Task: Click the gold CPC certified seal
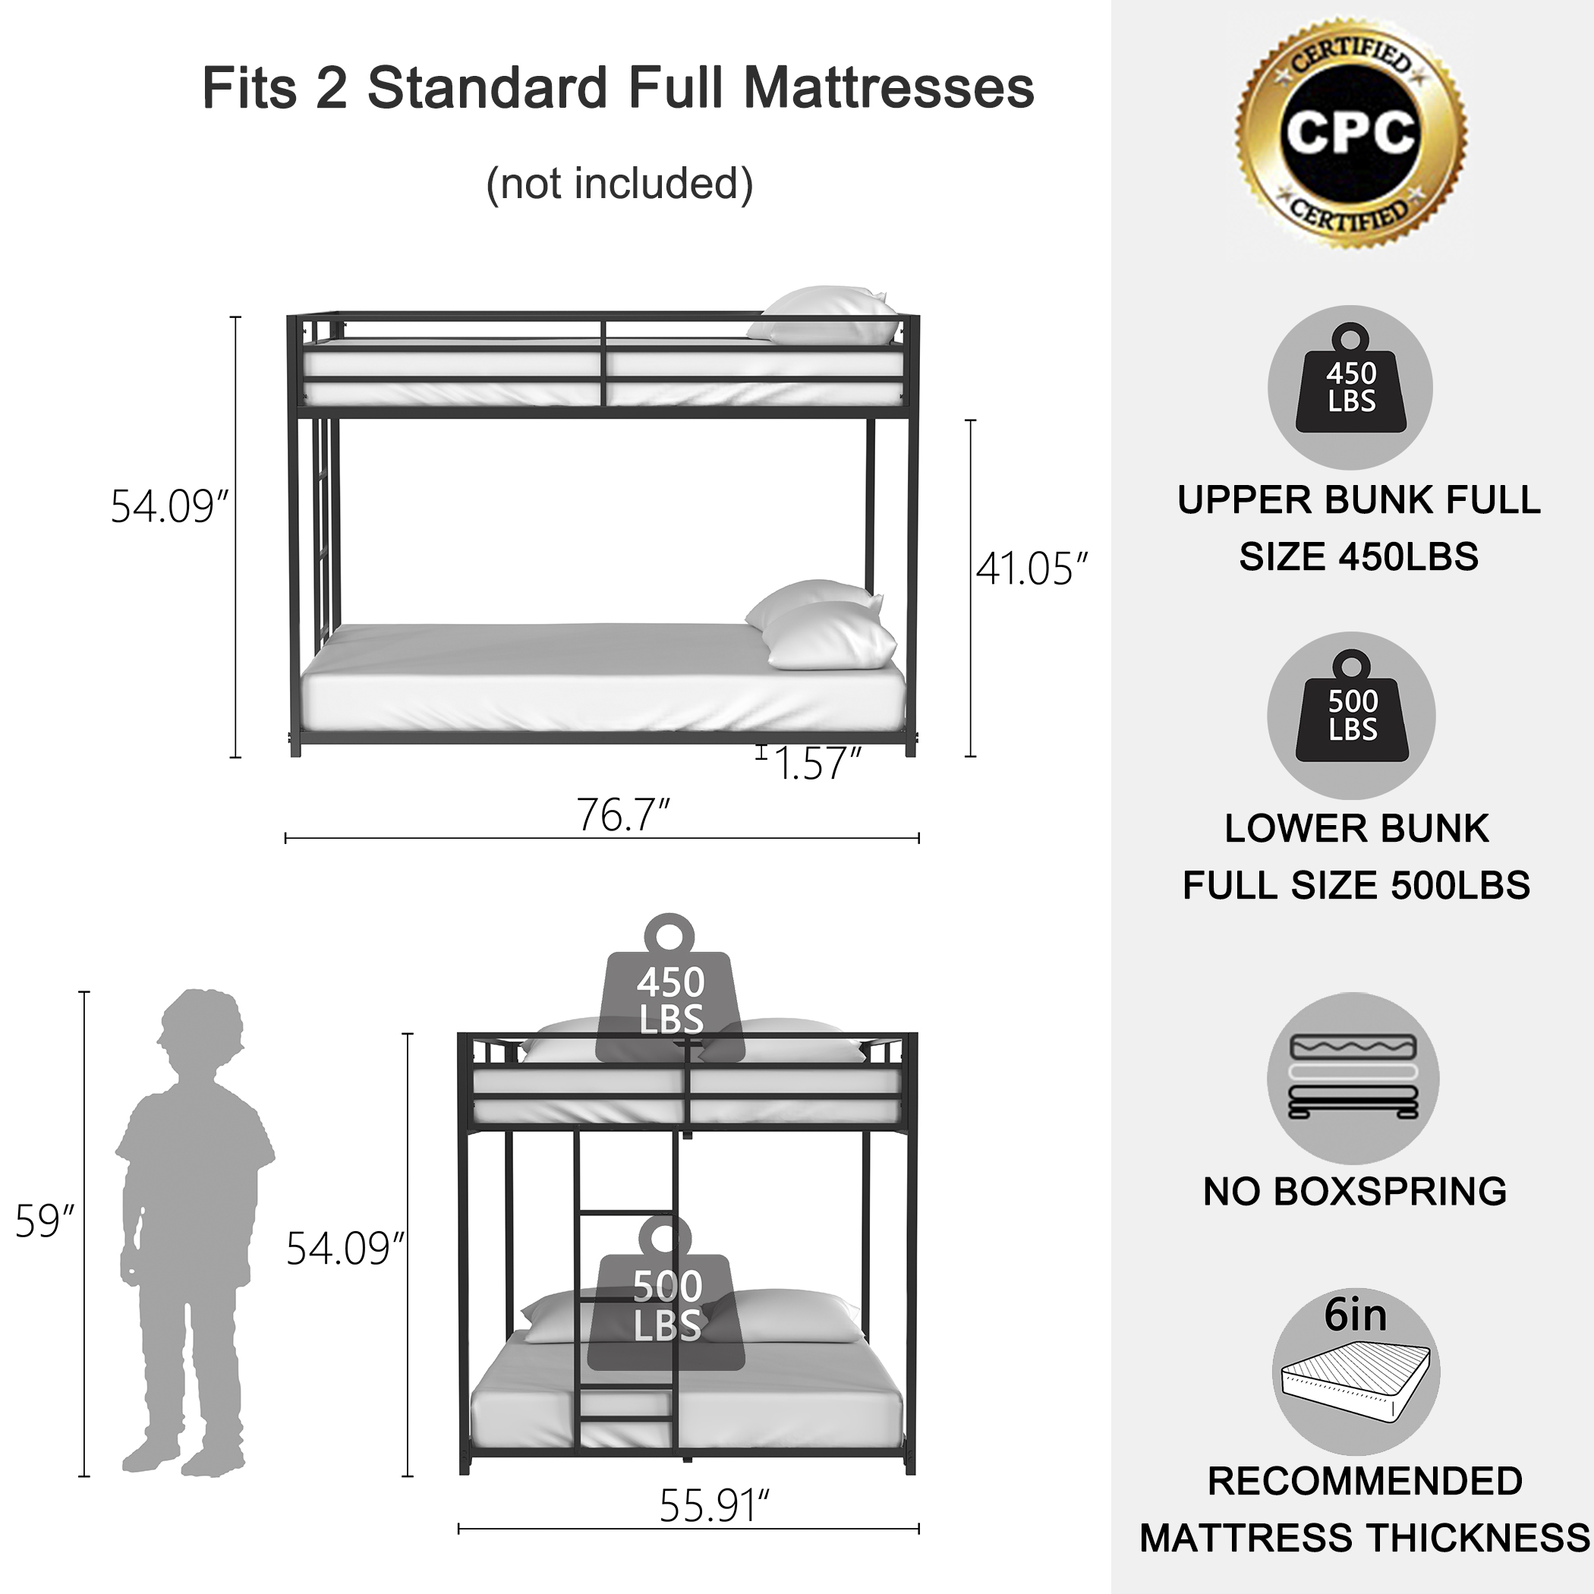point(1350,132)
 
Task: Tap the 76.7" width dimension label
point(623,815)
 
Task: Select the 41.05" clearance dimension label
point(1032,569)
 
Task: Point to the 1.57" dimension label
point(817,763)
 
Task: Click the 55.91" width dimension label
point(714,1506)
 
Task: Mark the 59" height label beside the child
point(45,1222)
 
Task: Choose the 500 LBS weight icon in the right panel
point(1351,714)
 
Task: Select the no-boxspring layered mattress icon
point(1353,1078)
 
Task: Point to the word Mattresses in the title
point(889,88)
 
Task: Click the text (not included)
point(619,183)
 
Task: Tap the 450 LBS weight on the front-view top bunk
point(670,990)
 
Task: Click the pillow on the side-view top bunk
point(825,315)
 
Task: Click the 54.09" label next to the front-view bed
point(345,1249)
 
